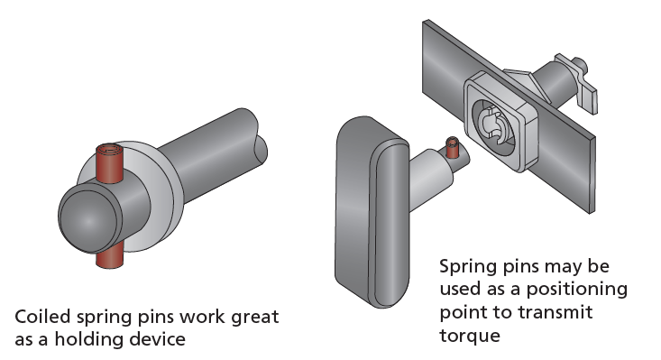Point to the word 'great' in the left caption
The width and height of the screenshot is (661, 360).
[x=254, y=318]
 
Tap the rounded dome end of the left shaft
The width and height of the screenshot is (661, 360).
[x=86, y=216]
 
